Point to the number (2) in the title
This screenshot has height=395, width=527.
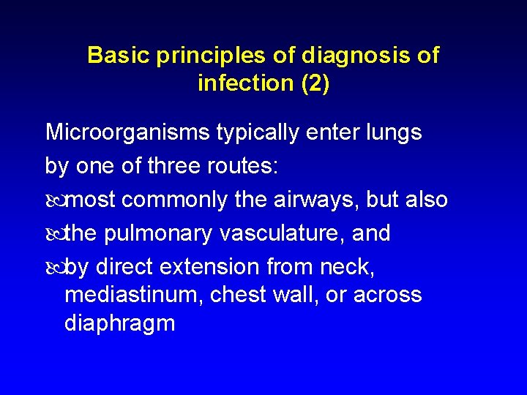click(x=315, y=83)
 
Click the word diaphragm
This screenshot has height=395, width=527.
click(x=119, y=323)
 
